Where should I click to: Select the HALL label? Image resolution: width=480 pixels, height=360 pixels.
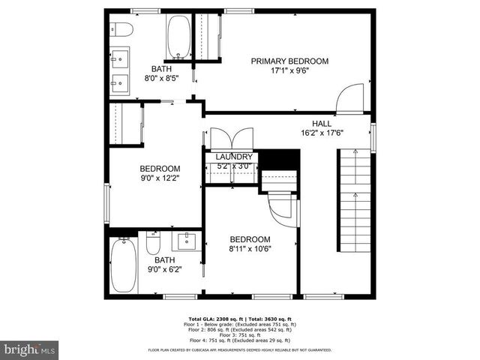[322, 124]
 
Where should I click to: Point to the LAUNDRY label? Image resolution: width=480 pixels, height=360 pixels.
[234, 157]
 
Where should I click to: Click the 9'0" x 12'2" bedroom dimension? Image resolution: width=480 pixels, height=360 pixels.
[159, 179]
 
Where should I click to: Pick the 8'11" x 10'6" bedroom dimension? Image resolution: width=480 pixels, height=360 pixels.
[250, 249]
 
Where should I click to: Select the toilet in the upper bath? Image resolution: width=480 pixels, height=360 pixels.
[124, 29]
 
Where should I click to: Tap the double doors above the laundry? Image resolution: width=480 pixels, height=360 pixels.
[226, 140]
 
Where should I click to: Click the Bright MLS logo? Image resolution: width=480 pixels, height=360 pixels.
[29, 349]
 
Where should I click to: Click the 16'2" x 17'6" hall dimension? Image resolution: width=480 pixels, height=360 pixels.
[322, 134]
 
